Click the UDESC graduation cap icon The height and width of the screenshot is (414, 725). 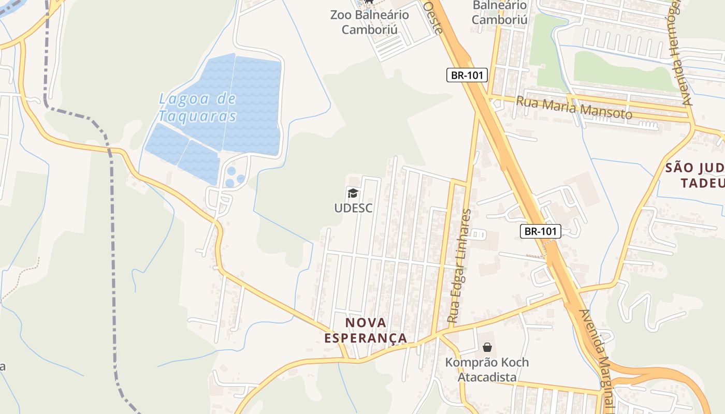tap(353, 194)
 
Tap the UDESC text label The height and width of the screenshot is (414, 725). tap(353, 208)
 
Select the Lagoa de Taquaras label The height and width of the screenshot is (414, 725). tap(197, 107)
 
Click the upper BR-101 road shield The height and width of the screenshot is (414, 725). tap(467, 75)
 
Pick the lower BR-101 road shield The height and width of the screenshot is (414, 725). tap(540, 231)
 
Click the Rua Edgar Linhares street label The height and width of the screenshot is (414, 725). tap(460, 266)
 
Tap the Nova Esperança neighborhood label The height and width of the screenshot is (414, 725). tap(366, 330)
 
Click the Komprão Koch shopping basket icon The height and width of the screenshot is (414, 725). tap(487, 347)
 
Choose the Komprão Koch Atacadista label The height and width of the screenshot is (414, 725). tap(487, 369)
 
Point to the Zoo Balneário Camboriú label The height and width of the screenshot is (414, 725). tap(369, 22)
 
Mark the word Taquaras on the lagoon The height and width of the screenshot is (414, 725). tap(197, 116)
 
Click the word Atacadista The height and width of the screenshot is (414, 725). tap(487, 377)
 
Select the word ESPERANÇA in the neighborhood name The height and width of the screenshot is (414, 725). tap(366, 338)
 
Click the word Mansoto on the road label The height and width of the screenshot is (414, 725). tap(606, 110)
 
